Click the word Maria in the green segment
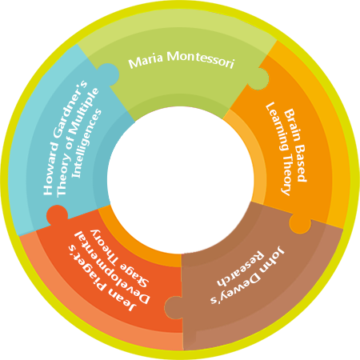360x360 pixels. point(146,61)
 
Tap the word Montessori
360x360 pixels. point(201,59)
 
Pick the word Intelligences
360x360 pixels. point(87,143)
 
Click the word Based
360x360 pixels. point(301,163)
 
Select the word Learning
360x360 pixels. point(276,126)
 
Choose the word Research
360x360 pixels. point(241,269)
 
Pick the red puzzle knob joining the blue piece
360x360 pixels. point(57,215)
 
